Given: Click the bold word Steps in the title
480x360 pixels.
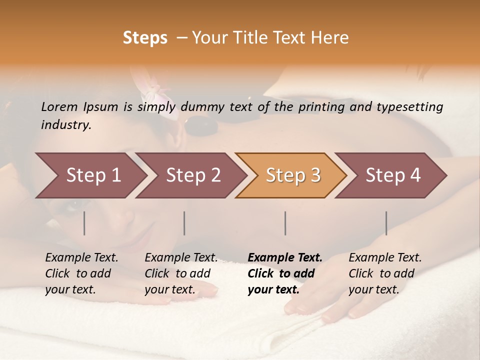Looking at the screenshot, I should [145, 38].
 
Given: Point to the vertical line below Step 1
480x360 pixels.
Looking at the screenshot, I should [84, 223].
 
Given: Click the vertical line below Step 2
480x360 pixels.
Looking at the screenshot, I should [184, 223].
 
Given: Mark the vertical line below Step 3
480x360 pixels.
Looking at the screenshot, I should [285, 223].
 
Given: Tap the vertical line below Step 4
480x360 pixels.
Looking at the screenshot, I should [386, 223].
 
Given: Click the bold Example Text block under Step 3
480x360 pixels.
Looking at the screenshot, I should [285, 273].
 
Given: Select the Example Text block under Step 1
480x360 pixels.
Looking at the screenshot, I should [81, 273].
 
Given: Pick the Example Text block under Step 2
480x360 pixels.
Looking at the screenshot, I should [181, 273].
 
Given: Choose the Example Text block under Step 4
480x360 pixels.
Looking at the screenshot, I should [385, 273].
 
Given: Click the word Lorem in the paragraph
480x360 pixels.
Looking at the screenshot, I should [59, 107].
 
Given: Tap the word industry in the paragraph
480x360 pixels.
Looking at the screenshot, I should [65, 125].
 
